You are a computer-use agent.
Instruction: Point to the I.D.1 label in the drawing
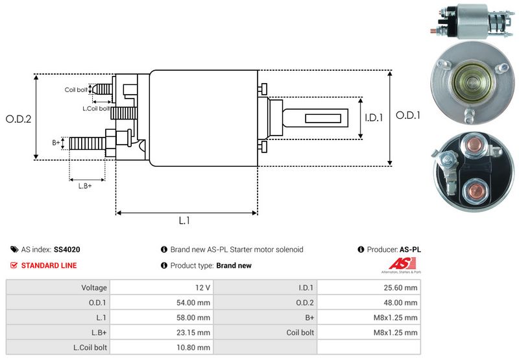click(374, 118)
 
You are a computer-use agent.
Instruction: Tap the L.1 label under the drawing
click(184, 221)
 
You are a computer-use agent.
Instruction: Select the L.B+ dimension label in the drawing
click(85, 186)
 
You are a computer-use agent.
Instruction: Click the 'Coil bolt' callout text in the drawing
click(76, 90)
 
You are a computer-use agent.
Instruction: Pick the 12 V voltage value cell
click(201, 287)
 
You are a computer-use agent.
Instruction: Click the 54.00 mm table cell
click(194, 302)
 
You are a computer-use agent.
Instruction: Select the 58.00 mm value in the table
click(194, 318)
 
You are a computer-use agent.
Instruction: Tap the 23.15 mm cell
click(194, 333)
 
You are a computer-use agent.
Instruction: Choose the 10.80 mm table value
click(194, 348)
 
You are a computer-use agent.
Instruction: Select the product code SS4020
click(67, 250)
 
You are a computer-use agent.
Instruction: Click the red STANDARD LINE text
click(49, 265)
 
